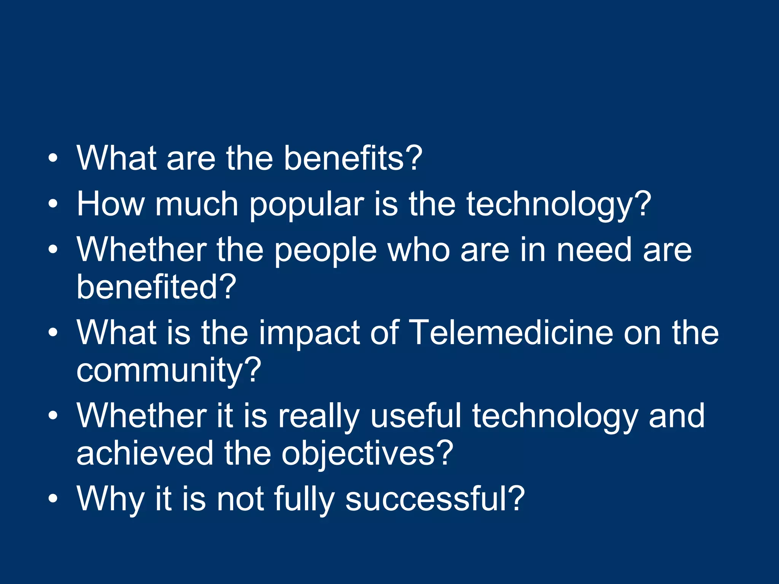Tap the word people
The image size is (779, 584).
[x=325, y=250]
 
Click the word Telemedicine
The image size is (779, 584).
[x=512, y=333]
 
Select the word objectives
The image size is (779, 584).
[x=358, y=454]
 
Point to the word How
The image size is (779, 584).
[x=110, y=204]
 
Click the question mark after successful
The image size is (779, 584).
[x=517, y=498]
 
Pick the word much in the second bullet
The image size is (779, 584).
[x=196, y=204]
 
